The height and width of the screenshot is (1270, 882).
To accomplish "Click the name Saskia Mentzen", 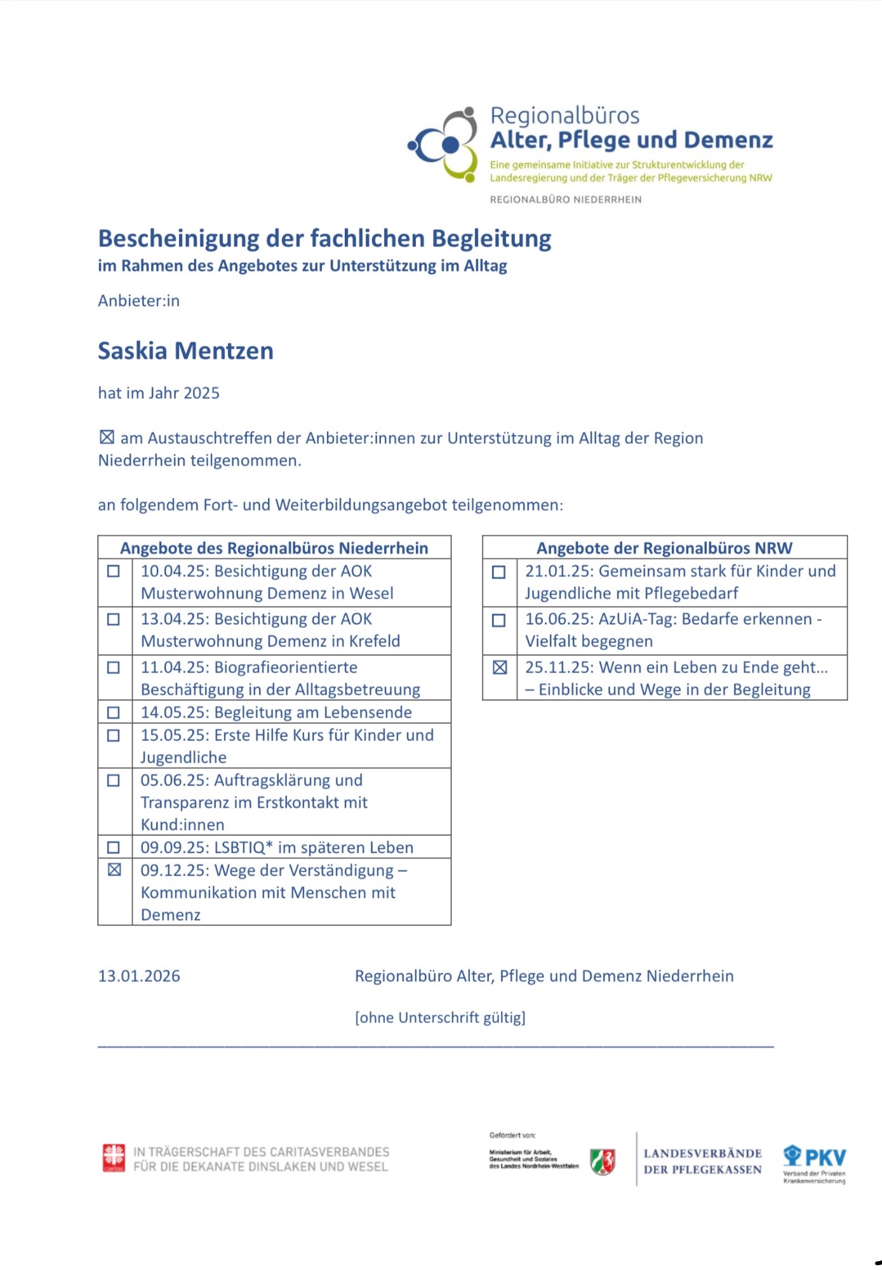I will (x=185, y=351).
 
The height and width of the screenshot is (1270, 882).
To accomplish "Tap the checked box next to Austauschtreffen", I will (x=107, y=438).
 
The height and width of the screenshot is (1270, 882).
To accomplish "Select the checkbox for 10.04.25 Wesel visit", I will (x=114, y=571).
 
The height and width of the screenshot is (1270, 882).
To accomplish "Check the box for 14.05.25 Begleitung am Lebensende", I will (x=114, y=712).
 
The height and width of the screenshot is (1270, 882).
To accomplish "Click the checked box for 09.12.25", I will (x=114, y=869).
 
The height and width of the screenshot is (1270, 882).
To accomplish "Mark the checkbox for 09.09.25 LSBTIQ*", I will (x=114, y=847).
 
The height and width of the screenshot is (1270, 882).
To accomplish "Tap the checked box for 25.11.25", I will (x=500, y=667).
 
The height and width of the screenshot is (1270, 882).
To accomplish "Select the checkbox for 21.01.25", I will (x=499, y=571).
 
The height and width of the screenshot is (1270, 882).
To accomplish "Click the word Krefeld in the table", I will (x=375, y=641).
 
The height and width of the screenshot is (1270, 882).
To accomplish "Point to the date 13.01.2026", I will (x=139, y=976).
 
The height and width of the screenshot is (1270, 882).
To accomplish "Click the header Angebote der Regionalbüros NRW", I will (x=664, y=548).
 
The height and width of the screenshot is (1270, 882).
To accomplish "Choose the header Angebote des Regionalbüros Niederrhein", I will (x=274, y=548).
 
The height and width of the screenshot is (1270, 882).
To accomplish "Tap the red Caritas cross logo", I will (x=114, y=1158).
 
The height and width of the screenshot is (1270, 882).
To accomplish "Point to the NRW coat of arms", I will (x=603, y=1161).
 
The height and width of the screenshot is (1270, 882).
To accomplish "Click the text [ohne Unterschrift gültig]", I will (x=440, y=1018).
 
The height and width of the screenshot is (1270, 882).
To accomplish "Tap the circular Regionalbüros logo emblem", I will (x=444, y=144).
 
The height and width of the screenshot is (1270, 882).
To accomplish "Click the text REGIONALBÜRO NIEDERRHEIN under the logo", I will (x=565, y=199).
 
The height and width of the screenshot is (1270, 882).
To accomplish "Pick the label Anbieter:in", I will (x=138, y=301).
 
